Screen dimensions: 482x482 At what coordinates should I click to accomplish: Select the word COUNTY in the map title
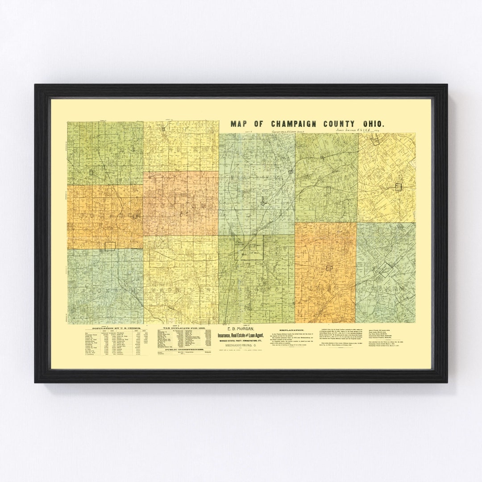pyautogui.click(x=341, y=124)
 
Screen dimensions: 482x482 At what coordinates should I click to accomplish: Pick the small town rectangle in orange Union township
pyautogui.click(x=329, y=268)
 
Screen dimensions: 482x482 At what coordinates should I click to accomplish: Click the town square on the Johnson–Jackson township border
pyautogui.click(x=110, y=245)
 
